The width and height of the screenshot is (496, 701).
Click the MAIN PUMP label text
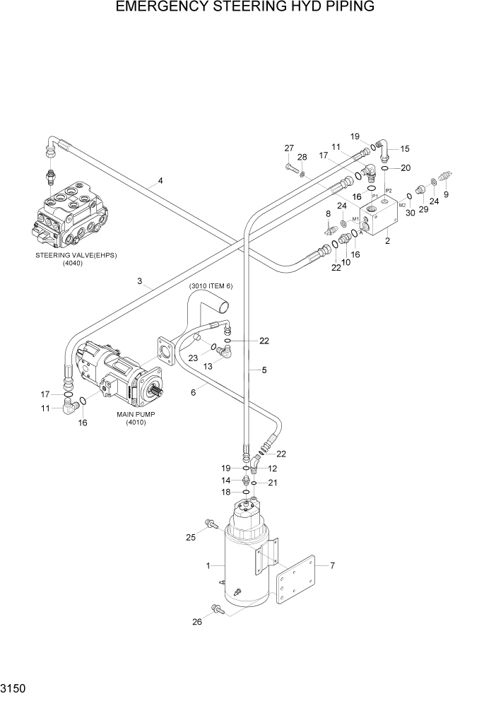pos(136,414)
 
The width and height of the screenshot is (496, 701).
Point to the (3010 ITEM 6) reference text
pos(211,285)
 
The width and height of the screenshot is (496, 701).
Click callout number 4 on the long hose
pos(160,181)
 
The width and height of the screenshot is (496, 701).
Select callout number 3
pos(140,281)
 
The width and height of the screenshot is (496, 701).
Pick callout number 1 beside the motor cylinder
pos(208,565)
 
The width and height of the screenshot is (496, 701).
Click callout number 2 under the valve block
pos(387,241)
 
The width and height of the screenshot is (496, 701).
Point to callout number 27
pos(289,148)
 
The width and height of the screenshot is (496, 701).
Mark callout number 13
pos(208,367)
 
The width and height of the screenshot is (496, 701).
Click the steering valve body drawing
pos(71,212)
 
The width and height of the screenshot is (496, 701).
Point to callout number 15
pos(405,149)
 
